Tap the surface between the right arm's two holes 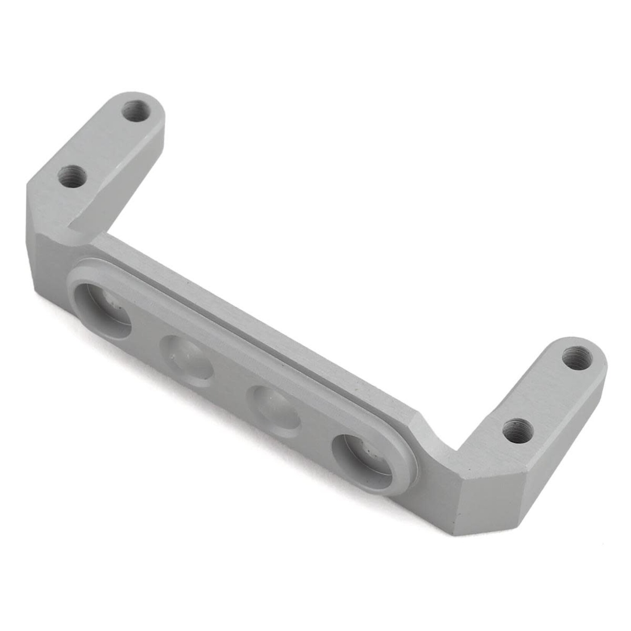(x=546, y=393)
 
